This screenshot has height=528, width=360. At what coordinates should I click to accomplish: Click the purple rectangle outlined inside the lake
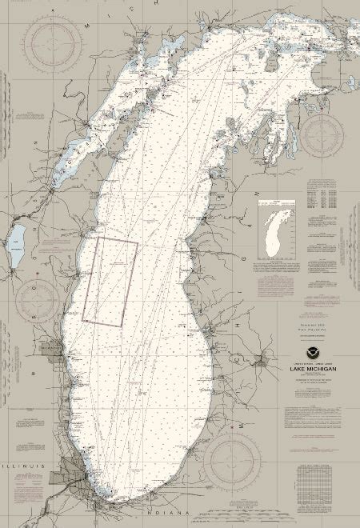(110, 282)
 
